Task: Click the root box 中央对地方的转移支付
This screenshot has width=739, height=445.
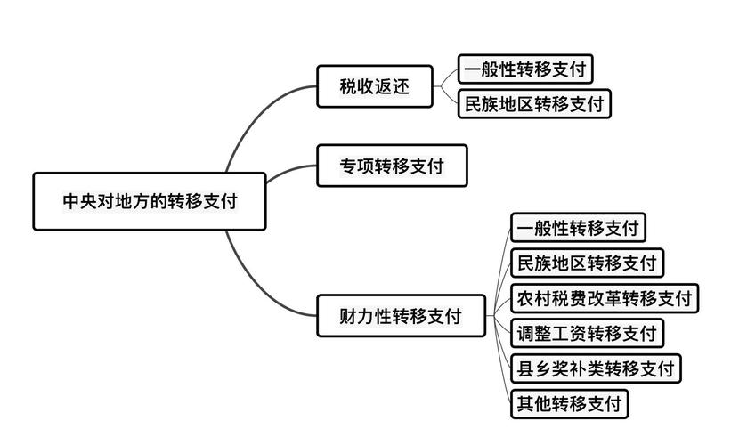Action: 149,201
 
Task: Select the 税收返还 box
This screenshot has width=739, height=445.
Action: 374,87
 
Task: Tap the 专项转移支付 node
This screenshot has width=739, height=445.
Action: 392,166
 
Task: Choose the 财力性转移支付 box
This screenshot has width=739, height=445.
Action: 402,315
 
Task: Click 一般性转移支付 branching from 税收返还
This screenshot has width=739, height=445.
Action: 525,69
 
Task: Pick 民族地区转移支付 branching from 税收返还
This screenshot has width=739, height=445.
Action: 534,104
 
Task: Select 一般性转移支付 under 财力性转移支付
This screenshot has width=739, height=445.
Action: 578,228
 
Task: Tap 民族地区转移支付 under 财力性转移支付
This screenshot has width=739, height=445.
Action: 587,263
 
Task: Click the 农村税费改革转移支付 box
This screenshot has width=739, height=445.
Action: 605,297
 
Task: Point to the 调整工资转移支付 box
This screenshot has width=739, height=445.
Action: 587,333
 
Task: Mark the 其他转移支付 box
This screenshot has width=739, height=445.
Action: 570,403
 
